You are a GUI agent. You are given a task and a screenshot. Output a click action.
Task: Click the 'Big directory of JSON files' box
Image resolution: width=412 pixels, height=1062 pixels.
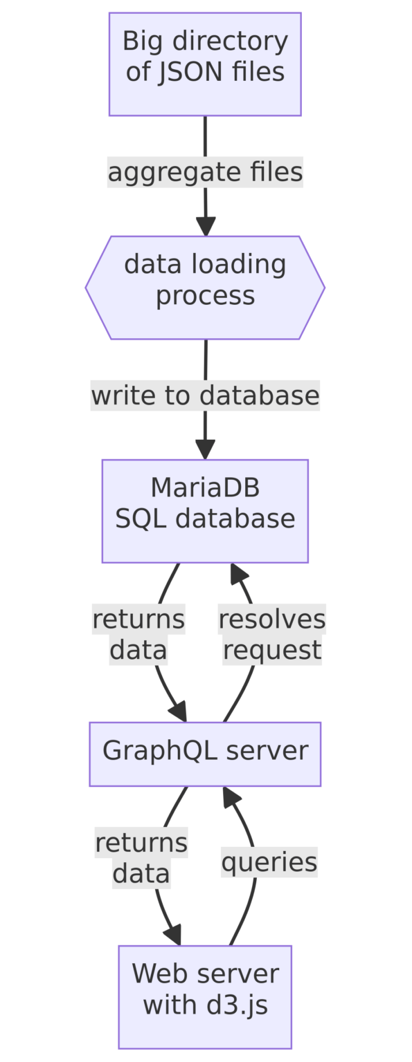[205, 64]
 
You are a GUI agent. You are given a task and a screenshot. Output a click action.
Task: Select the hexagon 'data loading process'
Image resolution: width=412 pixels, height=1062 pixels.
[205, 288]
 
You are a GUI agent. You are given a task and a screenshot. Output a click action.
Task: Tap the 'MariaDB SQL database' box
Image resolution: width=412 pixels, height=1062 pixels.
[205, 511]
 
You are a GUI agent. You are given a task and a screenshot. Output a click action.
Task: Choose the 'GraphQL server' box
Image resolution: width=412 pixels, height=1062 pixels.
[205, 754]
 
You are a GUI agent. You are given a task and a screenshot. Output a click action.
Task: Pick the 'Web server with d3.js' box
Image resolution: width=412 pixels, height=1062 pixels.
[205, 997]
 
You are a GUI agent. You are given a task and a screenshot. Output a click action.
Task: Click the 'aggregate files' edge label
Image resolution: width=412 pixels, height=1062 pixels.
[205, 171]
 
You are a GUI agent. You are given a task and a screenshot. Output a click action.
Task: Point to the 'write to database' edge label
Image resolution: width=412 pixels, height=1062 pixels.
[205, 395]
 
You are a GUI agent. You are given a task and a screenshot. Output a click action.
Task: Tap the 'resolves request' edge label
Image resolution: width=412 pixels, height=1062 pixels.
[272, 634]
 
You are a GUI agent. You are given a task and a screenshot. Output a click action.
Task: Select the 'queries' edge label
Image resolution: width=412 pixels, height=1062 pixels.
[269, 861]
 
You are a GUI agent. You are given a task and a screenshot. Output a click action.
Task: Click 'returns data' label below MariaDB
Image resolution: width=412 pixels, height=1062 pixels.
[138, 634]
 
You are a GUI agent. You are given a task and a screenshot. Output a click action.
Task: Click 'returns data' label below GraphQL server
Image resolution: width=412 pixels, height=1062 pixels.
[141, 857]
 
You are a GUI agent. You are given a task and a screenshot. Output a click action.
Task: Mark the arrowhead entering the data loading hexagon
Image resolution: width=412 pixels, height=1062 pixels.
[206, 227]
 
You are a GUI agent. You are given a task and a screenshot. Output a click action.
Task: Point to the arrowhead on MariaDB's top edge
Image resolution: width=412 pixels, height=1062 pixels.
[205, 450]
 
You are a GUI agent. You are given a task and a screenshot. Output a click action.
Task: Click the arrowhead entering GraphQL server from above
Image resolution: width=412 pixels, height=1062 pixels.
[178, 712]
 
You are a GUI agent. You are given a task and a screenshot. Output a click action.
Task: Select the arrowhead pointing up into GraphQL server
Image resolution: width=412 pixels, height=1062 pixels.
[231, 796]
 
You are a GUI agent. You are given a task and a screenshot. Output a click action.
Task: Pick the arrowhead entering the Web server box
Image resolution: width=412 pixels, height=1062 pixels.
[173, 935]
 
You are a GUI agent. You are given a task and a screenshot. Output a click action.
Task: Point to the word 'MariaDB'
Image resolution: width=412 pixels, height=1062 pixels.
[205, 487]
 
